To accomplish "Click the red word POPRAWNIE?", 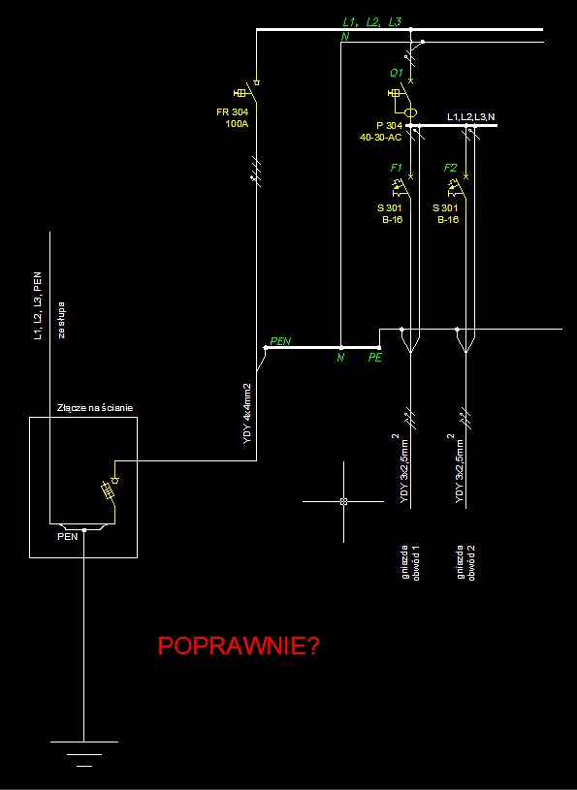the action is [239, 646].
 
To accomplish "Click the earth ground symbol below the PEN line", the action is [84, 754].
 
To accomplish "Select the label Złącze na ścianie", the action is [95, 407].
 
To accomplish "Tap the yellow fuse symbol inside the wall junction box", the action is [110, 490].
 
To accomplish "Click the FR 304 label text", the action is [233, 111].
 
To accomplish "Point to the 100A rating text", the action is [237, 123].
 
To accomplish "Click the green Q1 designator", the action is [397, 73].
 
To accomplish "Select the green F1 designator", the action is [396, 168].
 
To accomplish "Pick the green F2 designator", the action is [450, 168].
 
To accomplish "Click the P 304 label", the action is [390, 125].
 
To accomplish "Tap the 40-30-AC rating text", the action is [381, 137].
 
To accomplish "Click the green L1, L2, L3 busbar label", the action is [372, 22].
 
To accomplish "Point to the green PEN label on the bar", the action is [280, 341].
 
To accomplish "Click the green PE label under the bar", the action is [375, 358].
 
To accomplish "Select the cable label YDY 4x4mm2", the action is [247, 414].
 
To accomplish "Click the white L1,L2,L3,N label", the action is [471, 117].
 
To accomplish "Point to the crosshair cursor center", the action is [343, 501].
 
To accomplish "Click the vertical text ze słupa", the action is [61, 320].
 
